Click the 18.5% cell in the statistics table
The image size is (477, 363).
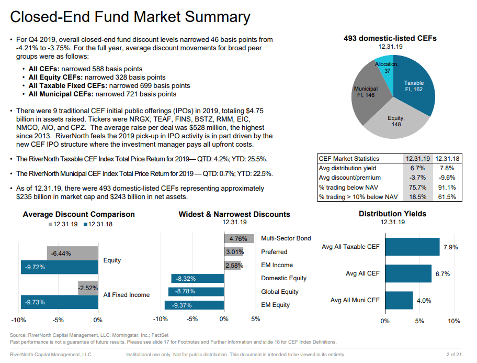(x=417, y=197)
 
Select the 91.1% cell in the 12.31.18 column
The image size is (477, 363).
(x=446, y=188)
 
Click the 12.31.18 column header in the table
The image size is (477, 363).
(x=446, y=159)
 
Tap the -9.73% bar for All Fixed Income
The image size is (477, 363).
(x=59, y=302)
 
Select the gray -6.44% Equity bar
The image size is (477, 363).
(x=72, y=254)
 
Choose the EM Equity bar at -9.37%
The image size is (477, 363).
(x=194, y=305)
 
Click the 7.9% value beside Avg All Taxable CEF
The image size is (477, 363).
(x=450, y=247)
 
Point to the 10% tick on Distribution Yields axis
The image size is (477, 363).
(x=453, y=321)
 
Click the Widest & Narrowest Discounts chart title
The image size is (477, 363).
(x=234, y=214)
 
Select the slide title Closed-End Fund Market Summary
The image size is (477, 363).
(x=130, y=17)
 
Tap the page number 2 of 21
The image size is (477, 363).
(x=453, y=355)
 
